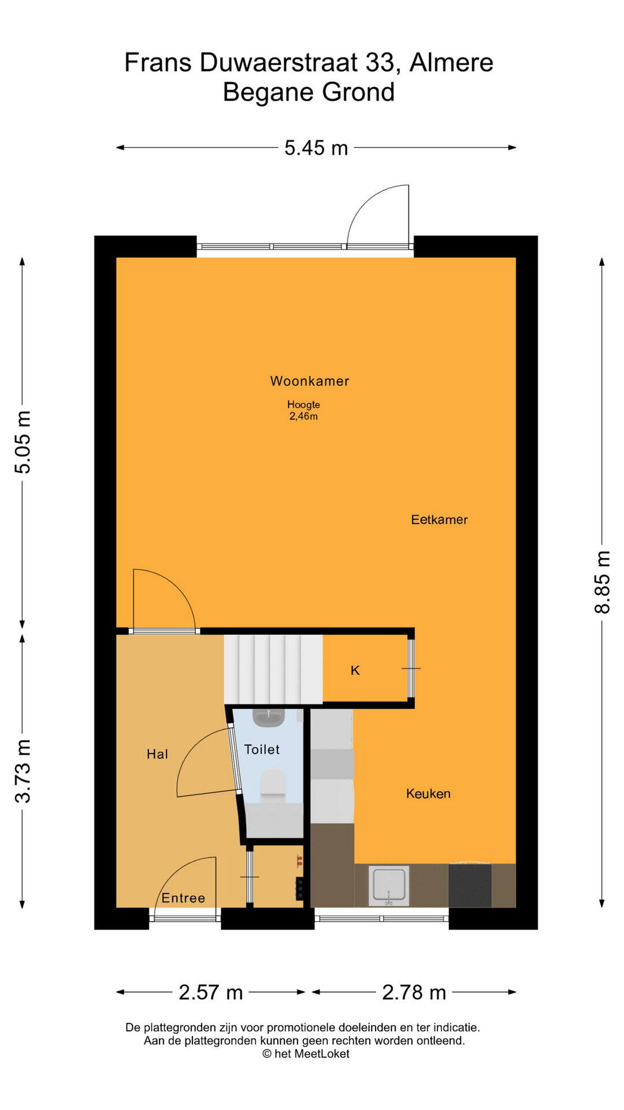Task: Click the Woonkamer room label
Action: tap(310, 381)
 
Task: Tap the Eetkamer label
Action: tap(439, 519)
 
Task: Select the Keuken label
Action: tap(428, 793)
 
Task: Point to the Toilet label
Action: tap(262, 749)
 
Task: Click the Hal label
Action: tap(157, 754)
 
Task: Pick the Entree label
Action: tap(183, 898)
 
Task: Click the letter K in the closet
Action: tap(355, 670)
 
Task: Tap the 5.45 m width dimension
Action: tap(316, 148)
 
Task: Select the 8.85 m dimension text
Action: tap(602, 582)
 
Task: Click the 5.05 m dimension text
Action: tap(23, 442)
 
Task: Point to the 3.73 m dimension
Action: tap(23, 771)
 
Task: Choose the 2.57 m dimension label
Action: tap(210, 992)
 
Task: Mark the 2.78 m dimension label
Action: tap(414, 992)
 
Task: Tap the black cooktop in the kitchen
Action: tap(470, 885)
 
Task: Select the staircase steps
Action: tap(273, 669)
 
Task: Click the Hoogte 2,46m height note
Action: tap(303, 410)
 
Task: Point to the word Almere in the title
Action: tap(451, 62)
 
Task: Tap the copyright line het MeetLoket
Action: tap(306, 1054)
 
